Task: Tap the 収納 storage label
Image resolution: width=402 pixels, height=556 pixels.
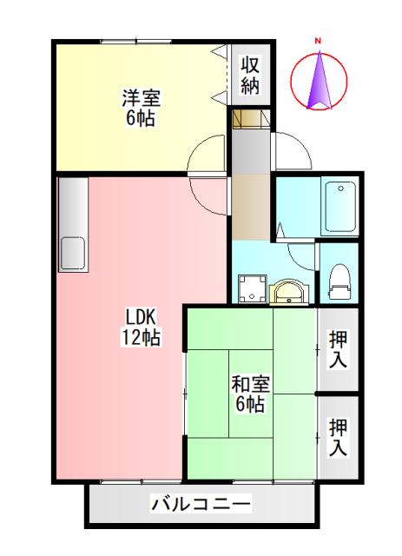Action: pyautogui.click(x=251, y=75)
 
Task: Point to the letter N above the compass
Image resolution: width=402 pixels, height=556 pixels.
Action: pyautogui.click(x=319, y=40)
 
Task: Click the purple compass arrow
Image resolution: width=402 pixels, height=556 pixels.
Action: pyautogui.click(x=320, y=80)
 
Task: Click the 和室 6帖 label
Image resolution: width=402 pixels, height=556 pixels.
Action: pyautogui.click(x=250, y=394)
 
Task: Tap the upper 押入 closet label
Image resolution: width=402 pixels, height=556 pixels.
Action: pyautogui.click(x=338, y=349)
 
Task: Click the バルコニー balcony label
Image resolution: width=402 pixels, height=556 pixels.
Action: pyautogui.click(x=201, y=504)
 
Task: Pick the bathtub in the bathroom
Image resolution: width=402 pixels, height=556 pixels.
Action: pyautogui.click(x=337, y=205)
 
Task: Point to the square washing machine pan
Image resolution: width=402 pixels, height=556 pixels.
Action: pyautogui.click(x=253, y=290)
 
